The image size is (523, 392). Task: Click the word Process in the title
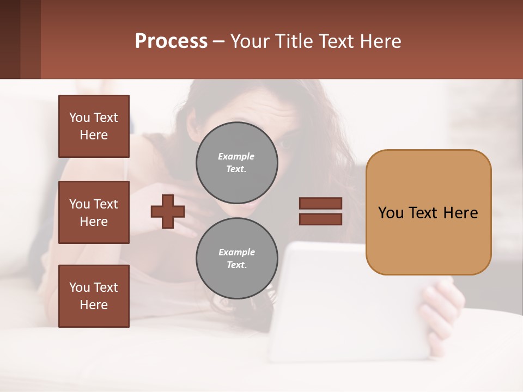(171, 41)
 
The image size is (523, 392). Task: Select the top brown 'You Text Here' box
(94, 126)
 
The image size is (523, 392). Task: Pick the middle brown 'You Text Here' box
(94, 212)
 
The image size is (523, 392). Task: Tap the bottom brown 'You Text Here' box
(94, 296)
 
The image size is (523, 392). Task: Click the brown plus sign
(168, 211)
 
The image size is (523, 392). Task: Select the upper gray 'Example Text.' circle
(236, 163)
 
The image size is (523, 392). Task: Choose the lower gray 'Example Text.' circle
(236, 259)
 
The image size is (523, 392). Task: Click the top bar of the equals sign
(320, 203)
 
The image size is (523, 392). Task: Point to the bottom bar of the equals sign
(320, 219)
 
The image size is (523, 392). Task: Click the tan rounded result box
(428, 212)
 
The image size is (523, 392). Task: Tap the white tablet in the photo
(349, 305)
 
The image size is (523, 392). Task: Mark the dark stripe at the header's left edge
(10, 39)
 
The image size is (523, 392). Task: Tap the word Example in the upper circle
(236, 156)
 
